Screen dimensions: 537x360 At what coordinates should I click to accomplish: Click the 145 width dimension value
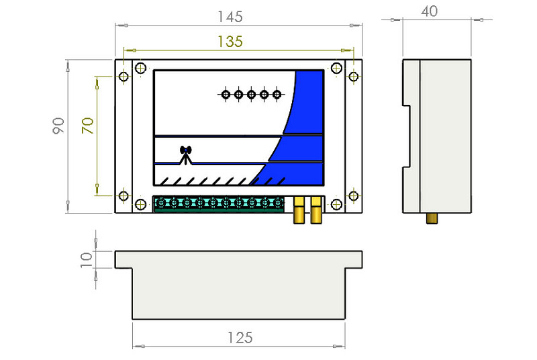pyautogui.click(x=230, y=16)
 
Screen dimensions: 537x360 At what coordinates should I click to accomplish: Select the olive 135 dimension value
pyautogui.click(x=230, y=42)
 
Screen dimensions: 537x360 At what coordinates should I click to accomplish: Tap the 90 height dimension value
pyautogui.click(x=58, y=126)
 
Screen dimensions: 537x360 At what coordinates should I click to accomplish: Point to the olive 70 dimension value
pyautogui.click(x=88, y=126)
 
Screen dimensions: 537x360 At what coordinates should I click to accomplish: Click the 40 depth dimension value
pyautogui.click(x=429, y=11)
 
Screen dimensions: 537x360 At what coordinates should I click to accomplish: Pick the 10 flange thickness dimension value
pyautogui.click(x=87, y=260)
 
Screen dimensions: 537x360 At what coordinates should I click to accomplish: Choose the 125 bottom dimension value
pyautogui.click(x=240, y=338)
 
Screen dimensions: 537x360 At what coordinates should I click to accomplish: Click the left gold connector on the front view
pyautogui.click(x=299, y=210)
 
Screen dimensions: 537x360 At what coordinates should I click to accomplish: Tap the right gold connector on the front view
pyautogui.click(x=316, y=210)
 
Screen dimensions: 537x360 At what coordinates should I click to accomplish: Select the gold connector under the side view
pyautogui.click(x=432, y=218)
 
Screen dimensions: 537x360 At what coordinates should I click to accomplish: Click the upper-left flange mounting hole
pyautogui.click(x=124, y=77)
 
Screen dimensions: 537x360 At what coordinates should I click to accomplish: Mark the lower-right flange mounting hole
pyautogui.click(x=354, y=196)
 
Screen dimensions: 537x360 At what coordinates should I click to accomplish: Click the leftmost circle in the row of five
pyautogui.click(x=226, y=94)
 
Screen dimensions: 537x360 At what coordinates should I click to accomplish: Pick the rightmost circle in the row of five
pyautogui.click(x=277, y=94)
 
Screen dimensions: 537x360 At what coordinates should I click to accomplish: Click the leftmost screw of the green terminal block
pyautogui.click(x=161, y=203)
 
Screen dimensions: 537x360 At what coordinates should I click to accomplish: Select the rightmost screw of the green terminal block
pyautogui.click(x=278, y=203)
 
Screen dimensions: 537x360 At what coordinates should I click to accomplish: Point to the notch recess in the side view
pyautogui.click(x=407, y=136)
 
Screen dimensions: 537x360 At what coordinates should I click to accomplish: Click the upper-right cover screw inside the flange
pyautogui.click(x=337, y=68)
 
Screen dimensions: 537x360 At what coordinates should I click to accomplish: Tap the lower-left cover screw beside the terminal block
pyautogui.click(x=140, y=204)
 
